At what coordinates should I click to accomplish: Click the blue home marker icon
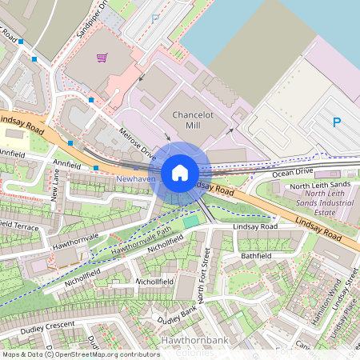180,172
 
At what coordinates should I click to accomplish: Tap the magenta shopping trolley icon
102,57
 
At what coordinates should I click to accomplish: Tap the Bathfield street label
256,256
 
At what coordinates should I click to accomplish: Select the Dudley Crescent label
47,326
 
